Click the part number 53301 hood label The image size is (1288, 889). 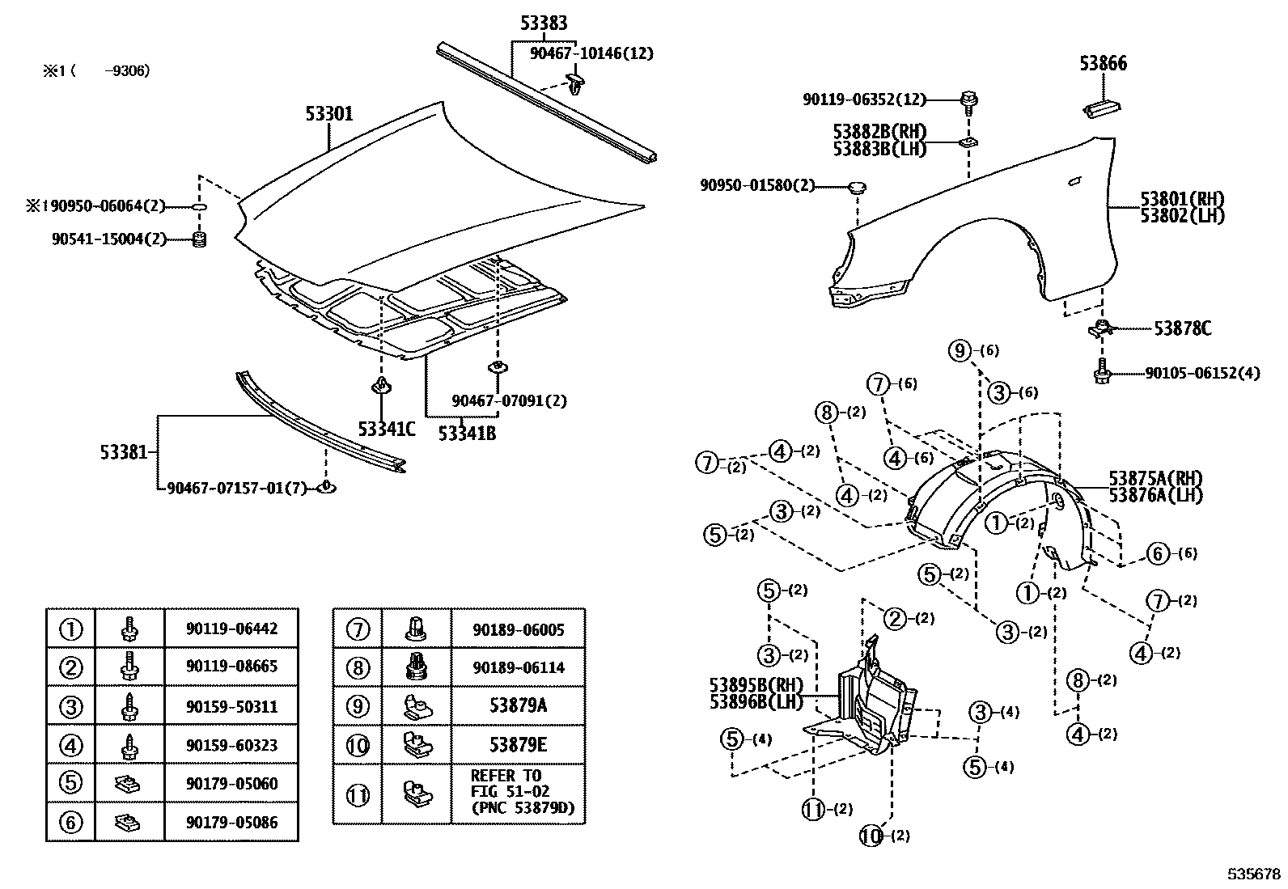[x=329, y=114]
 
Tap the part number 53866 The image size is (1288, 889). [x=1104, y=63]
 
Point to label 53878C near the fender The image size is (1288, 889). [x=1182, y=328]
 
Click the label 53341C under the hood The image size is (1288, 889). [x=387, y=430]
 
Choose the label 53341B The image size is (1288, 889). [x=467, y=434]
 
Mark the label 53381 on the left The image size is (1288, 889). [x=124, y=451]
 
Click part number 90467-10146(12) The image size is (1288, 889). [x=591, y=53]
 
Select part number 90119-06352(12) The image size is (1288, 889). [x=863, y=99]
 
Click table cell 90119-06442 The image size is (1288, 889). [x=231, y=629]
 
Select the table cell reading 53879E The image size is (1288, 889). [x=518, y=744]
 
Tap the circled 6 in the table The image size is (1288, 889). [x=71, y=823]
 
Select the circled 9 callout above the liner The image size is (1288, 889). [x=960, y=350]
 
